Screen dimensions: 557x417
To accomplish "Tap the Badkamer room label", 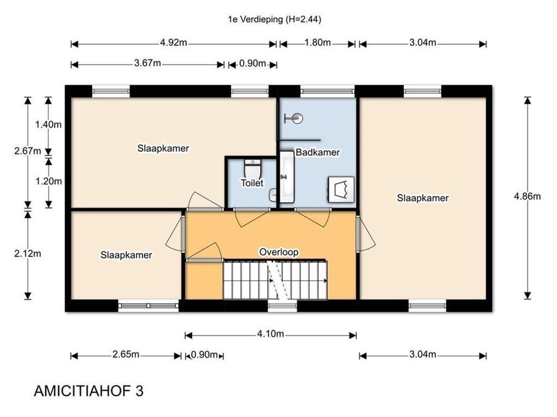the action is pyautogui.click(x=318, y=152).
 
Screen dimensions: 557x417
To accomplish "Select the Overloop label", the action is pyautogui.click(x=278, y=252).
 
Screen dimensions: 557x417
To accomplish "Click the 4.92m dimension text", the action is pyautogui.click(x=173, y=42).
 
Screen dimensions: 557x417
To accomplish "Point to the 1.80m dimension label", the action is pyautogui.click(x=318, y=42).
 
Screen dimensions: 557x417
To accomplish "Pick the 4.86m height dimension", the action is pyautogui.click(x=527, y=197).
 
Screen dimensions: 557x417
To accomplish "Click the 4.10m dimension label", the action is pyautogui.click(x=270, y=334).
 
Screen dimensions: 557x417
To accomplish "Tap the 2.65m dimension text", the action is pyautogui.click(x=126, y=354).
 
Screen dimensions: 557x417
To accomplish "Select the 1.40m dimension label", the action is pyautogui.click(x=48, y=125).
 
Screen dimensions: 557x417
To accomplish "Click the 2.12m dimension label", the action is pyautogui.click(x=27, y=253).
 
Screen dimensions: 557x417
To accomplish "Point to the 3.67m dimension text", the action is pyautogui.click(x=147, y=63).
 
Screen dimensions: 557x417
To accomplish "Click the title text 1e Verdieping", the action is pyautogui.click(x=255, y=19).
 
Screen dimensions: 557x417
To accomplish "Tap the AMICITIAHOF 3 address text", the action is pyautogui.click(x=89, y=391).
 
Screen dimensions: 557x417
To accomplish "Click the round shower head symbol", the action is pyautogui.click(x=297, y=118).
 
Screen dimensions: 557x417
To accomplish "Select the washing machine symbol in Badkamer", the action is pyautogui.click(x=341, y=190).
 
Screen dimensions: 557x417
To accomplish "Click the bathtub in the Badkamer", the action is pyautogui.click(x=287, y=177).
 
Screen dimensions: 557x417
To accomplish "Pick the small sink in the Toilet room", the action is pyautogui.click(x=273, y=195).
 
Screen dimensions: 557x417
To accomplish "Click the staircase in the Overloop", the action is pyautogui.click(x=275, y=280).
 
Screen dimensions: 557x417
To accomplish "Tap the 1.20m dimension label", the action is pyautogui.click(x=48, y=181).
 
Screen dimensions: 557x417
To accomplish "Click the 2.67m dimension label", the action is pyautogui.click(x=27, y=151).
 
